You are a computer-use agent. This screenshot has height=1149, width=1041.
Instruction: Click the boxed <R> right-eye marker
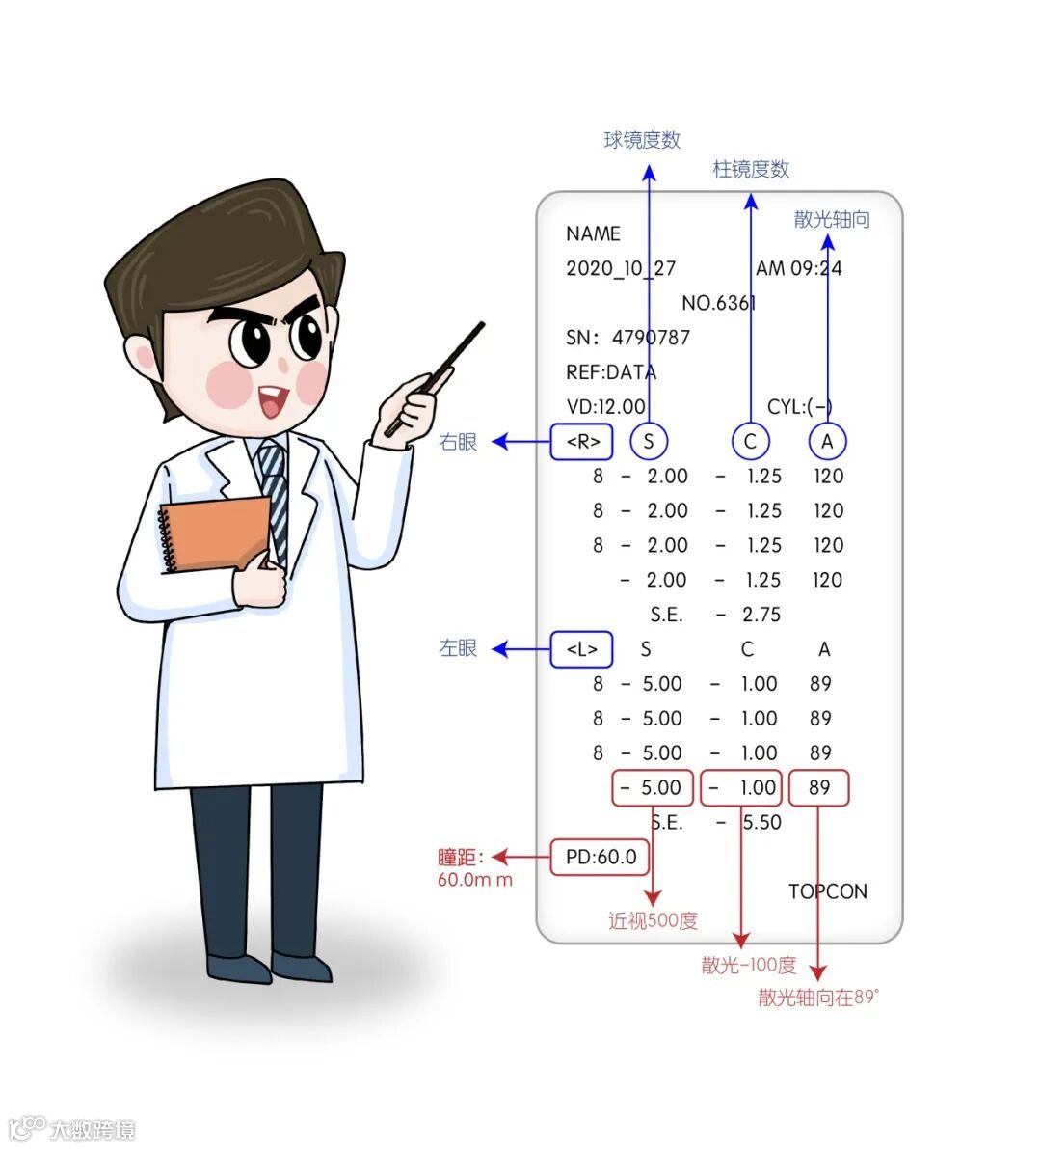pos(582,442)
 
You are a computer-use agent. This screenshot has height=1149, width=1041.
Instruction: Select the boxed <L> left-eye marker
pos(581,649)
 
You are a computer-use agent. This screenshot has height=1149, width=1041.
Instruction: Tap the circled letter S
pos(649,442)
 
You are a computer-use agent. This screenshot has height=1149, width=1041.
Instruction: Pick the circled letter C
pos(750,442)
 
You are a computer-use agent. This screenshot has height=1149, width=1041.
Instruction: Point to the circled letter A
pos(826,442)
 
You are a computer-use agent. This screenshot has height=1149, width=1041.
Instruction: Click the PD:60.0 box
pos(600,857)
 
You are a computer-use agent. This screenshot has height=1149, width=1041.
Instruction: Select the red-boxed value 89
pos(819,787)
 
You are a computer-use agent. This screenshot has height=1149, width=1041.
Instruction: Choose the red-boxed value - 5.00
pos(653,787)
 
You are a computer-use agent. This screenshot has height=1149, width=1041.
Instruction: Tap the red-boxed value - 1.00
pos(741,787)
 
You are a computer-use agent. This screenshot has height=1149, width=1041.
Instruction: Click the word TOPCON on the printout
pos(827,891)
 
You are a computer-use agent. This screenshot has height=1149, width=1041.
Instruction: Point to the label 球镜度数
pos(642,140)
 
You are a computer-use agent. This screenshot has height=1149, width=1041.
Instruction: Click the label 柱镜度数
pos(751,170)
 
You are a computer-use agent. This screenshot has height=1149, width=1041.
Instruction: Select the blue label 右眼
pos(458,442)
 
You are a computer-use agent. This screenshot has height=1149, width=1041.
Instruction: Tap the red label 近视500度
pos(653,921)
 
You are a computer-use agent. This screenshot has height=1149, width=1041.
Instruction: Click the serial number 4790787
pos(651,338)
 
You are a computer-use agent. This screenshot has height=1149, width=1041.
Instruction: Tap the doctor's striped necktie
pos(275,492)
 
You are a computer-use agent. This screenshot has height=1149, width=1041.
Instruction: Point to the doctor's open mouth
pos(273,400)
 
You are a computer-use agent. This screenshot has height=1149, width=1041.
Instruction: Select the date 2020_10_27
pos(621,268)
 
